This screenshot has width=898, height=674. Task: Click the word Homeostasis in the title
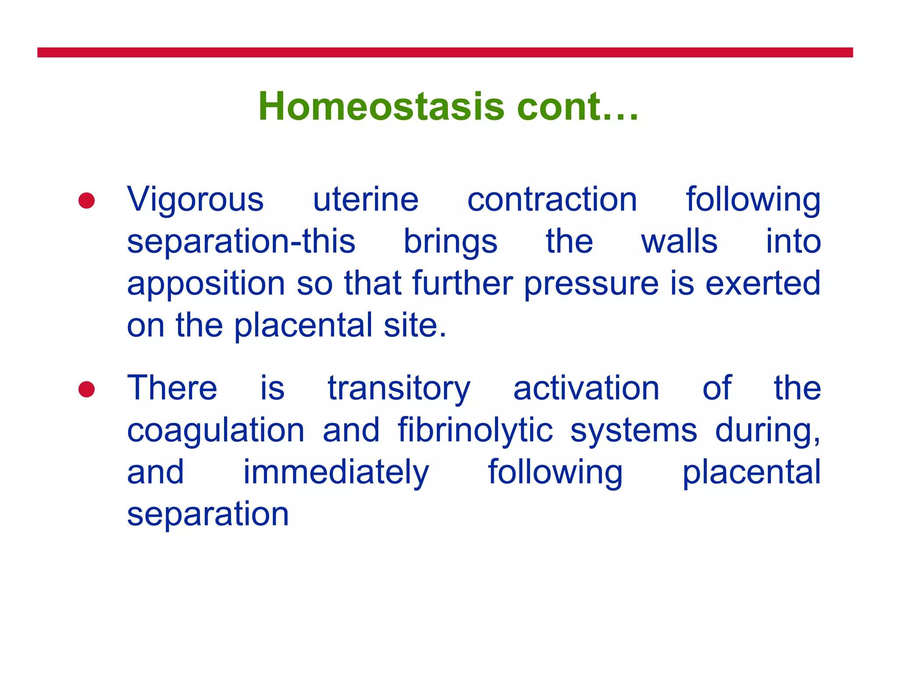(381, 107)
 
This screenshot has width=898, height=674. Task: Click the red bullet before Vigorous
(86, 201)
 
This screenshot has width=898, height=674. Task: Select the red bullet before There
(86, 389)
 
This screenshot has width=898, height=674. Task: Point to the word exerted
(763, 283)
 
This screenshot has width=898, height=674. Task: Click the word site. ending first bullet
(415, 326)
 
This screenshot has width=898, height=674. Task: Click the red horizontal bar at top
(445, 52)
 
